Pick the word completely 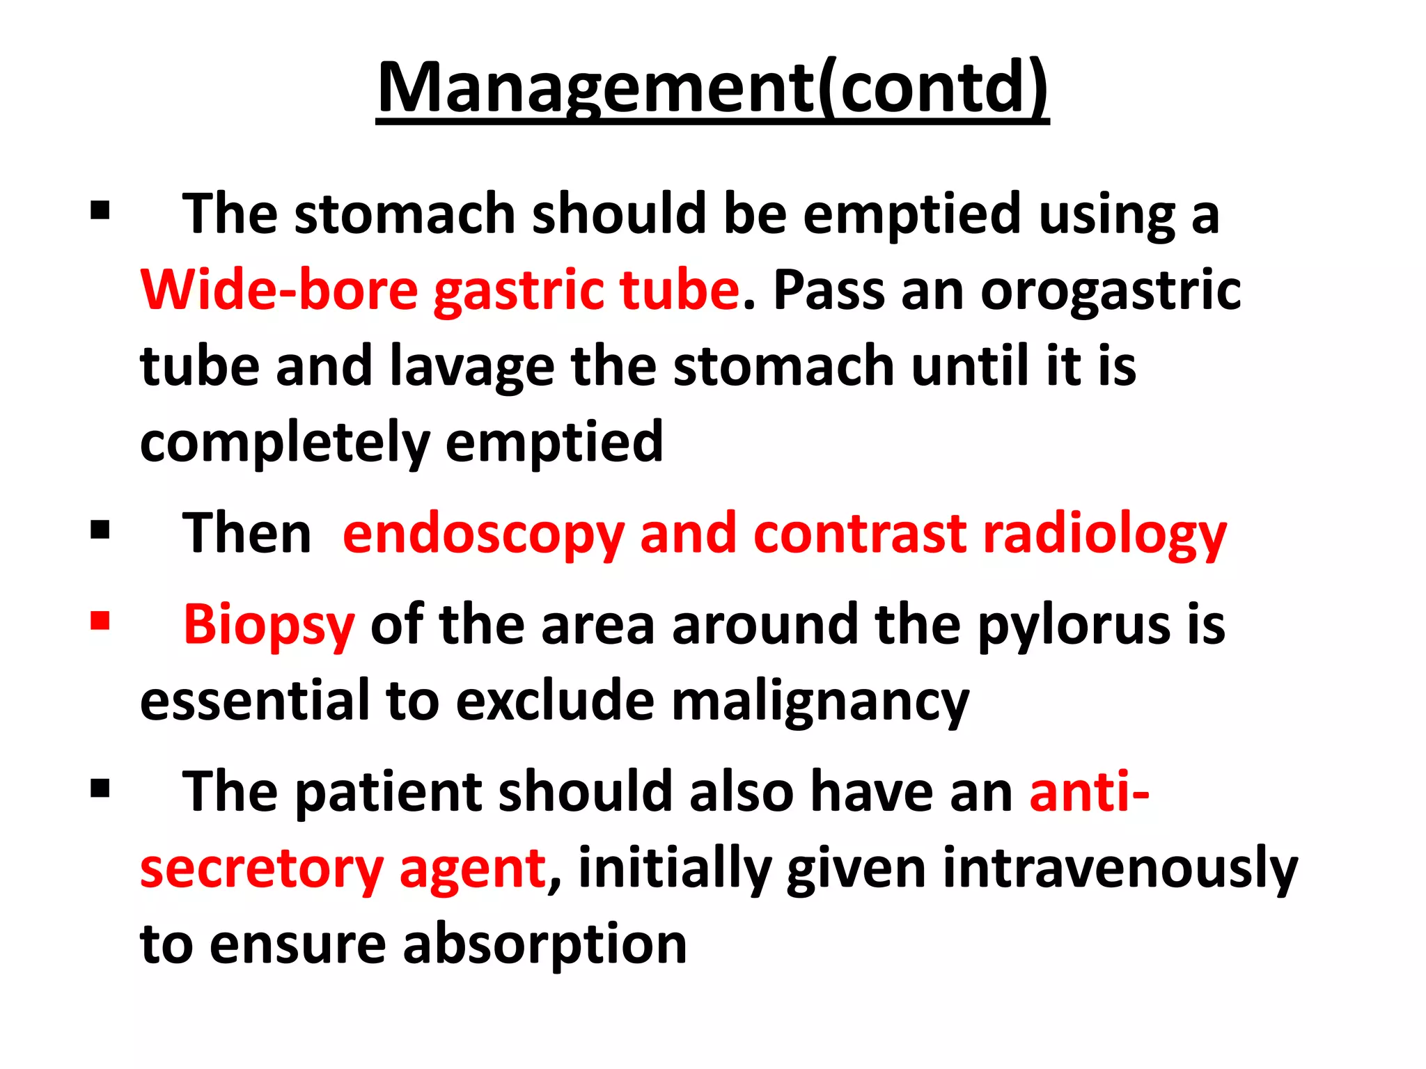click(285, 443)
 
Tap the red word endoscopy click(483, 534)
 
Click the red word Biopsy click(269, 625)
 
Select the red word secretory click(262, 869)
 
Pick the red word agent click(472, 871)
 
